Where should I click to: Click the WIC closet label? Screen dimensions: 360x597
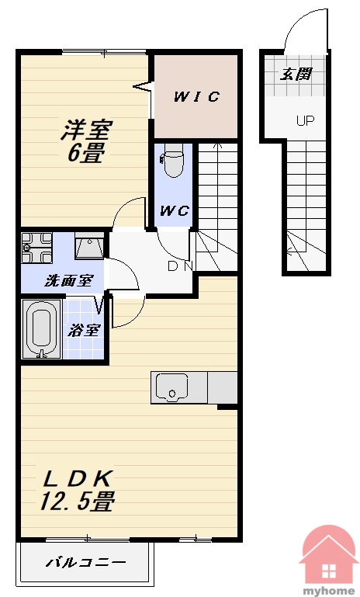(196, 97)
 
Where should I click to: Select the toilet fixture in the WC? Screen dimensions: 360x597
(173, 161)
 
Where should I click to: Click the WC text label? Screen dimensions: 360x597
(175, 210)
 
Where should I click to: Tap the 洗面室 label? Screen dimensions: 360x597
(68, 281)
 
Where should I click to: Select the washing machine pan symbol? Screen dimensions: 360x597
(36, 248)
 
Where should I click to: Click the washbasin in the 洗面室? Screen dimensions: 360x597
(89, 246)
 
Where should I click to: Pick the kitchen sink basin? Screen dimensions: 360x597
(171, 387)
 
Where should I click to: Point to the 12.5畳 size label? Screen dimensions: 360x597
(78, 501)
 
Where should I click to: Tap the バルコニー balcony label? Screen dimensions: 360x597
(85, 562)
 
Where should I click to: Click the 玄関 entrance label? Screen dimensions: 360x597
(296, 75)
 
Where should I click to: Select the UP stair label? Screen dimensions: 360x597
(305, 121)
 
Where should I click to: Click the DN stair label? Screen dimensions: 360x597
(181, 266)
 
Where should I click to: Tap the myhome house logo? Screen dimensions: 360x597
(329, 557)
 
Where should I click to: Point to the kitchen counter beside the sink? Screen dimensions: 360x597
(222, 387)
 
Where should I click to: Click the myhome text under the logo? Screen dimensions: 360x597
(328, 592)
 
